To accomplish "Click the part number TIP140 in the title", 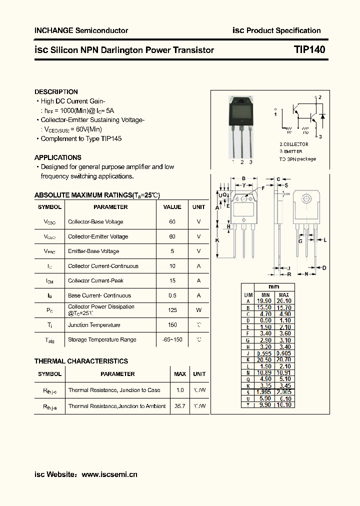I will pos(309,49).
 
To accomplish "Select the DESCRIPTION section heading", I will pos(56,92).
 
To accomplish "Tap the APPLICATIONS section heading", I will pos(58,157).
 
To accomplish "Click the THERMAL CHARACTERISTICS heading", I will pos(81,361).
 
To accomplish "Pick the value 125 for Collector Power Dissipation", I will pos(172,310).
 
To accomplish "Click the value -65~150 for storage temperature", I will pos(172,339).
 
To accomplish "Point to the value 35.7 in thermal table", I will pos(180,406).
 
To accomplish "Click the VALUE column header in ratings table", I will pos(172,207).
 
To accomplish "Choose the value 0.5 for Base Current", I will pos(172,295).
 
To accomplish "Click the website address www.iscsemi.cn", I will pos(109,474).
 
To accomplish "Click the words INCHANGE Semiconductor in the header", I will pos(81,30).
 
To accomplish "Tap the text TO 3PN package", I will pos(297,159).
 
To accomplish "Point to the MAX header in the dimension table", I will pos(283,295).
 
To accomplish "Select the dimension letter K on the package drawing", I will pos(217,240).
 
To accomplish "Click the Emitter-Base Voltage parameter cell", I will pos(93,251).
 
